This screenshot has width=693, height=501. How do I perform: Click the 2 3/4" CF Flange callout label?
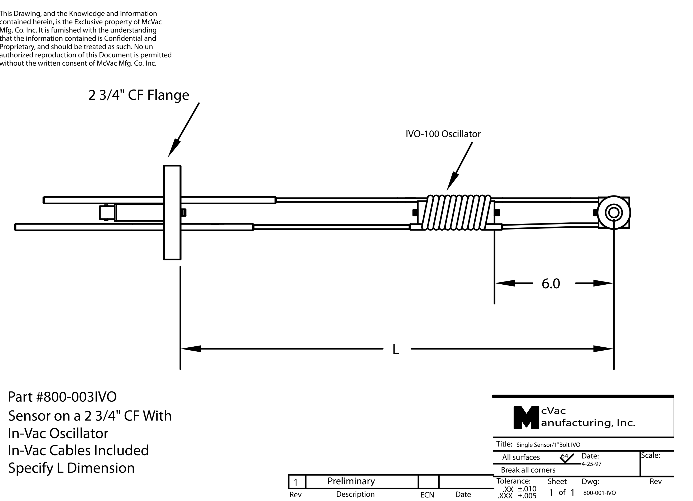[139, 95]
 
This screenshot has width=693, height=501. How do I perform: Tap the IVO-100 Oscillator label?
[443, 134]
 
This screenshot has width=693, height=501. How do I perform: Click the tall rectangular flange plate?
[172, 212]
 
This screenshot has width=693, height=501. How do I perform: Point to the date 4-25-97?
[591, 464]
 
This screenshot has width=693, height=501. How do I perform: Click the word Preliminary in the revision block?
[351, 481]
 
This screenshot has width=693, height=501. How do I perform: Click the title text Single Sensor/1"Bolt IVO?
[548, 445]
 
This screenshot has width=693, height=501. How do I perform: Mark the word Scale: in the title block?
[651, 455]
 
